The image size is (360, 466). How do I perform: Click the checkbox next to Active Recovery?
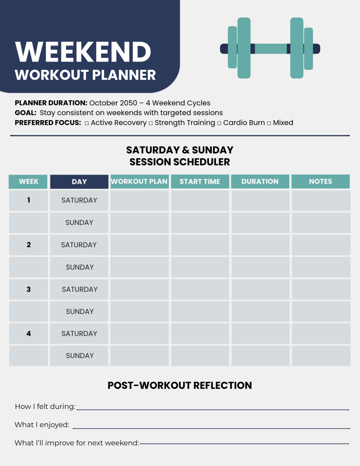(86, 123)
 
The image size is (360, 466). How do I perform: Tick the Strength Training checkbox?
(151, 123)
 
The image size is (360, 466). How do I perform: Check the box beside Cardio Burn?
(219, 123)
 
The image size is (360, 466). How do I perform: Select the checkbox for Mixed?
(269, 123)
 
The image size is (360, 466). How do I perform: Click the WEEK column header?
(28, 182)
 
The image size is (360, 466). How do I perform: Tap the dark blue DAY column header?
(79, 182)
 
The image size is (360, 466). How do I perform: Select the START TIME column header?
(200, 181)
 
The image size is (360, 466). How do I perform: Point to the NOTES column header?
(321, 181)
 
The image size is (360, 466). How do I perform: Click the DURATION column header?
(260, 181)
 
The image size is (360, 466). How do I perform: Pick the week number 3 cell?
(28, 289)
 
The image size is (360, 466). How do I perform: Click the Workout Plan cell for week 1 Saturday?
(139, 201)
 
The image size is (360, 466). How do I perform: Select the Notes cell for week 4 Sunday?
(321, 356)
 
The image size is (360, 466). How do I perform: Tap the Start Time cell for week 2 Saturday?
(200, 245)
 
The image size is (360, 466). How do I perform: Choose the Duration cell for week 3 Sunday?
(260, 311)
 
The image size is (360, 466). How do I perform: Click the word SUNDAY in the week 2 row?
(80, 267)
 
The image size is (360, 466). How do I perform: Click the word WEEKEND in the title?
(83, 52)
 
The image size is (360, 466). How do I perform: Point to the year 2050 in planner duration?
(128, 103)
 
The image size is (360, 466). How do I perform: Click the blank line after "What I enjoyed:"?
(211, 428)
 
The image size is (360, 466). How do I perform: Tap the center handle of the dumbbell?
(271, 49)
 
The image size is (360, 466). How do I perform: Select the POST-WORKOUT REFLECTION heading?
(180, 386)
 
